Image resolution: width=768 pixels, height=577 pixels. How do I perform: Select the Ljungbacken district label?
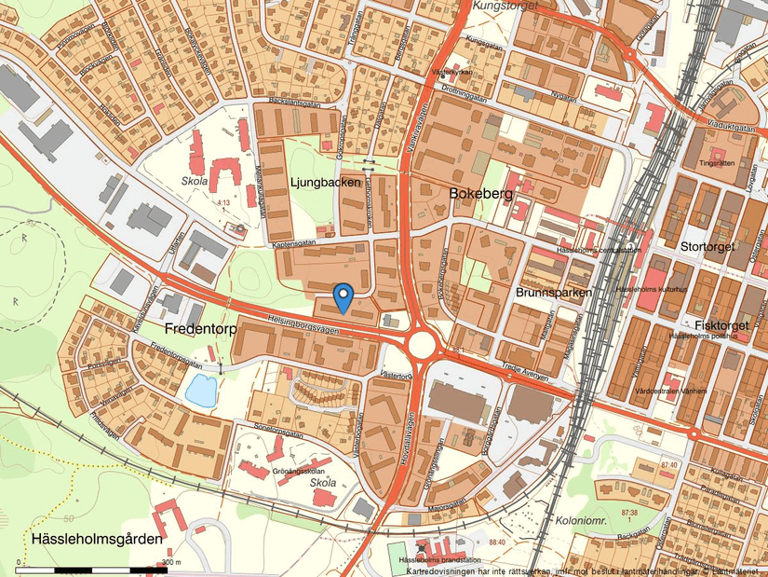pyautogui.click(x=325, y=183)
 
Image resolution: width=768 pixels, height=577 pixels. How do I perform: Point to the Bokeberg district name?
pyautogui.click(x=480, y=193)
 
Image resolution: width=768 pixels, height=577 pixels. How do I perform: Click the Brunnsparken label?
pyautogui.click(x=553, y=293)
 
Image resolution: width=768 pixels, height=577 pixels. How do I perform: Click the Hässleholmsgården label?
pyautogui.click(x=96, y=539)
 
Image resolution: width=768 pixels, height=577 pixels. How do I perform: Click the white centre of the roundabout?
pyautogui.click(x=423, y=345)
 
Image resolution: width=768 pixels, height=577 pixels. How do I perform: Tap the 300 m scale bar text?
pyautogui.click(x=172, y=562)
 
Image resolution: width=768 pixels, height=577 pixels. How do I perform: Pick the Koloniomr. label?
pyautogui.click(x=581, y=521)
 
